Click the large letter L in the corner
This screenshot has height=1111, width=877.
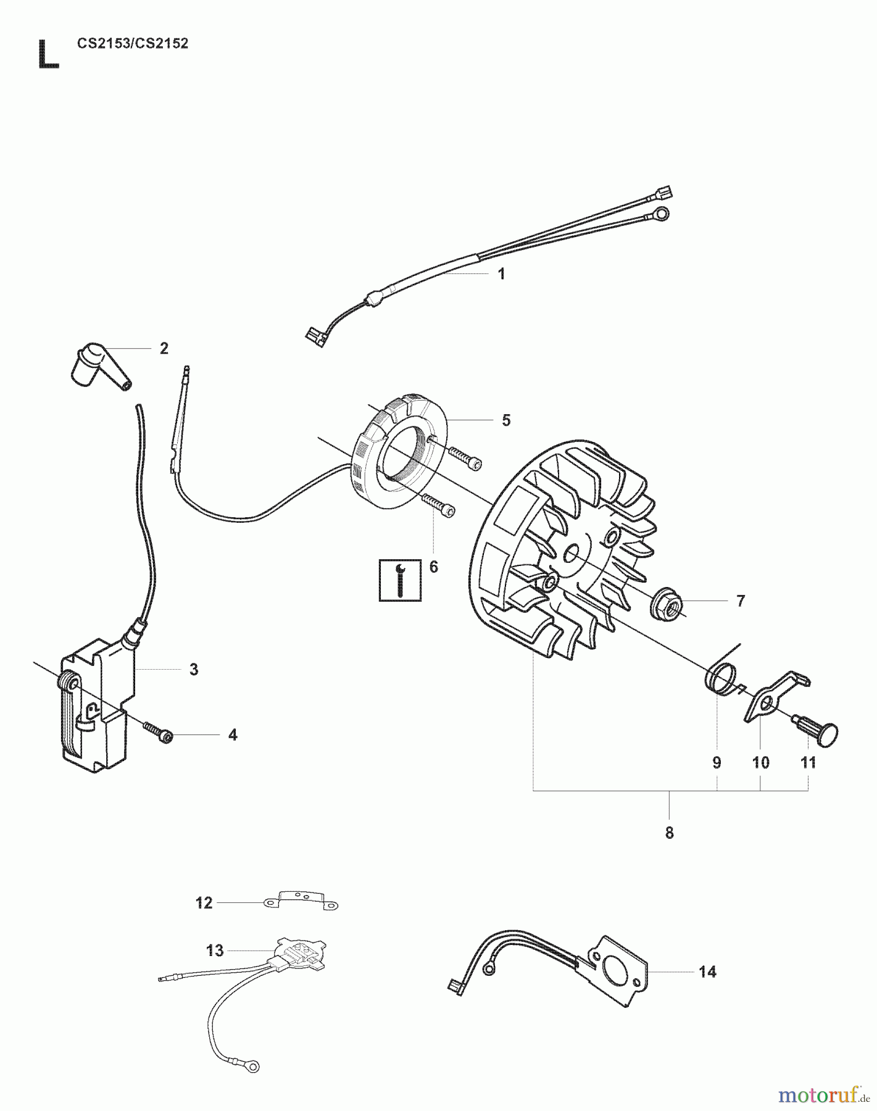pyautogui.click(x=49, y=54)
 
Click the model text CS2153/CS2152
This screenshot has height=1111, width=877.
pyautogui.click(x=133, y=44)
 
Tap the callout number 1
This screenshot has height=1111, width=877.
pyautogui.click(x=501, y=274)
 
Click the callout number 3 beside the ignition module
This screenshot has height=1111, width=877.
pyautogui.click(x=194, y=669)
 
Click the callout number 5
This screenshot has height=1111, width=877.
pyautogui.click(x=506, y=420)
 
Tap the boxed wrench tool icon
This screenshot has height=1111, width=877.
pyautogui.click(x=400, y=580)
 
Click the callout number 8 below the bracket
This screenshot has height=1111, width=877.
pyautogui.click(x=670, y=833)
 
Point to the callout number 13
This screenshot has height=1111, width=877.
pyautogui.click(x=215, y=951)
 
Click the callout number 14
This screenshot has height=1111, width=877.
pyautogui.click(x=707, y=972)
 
